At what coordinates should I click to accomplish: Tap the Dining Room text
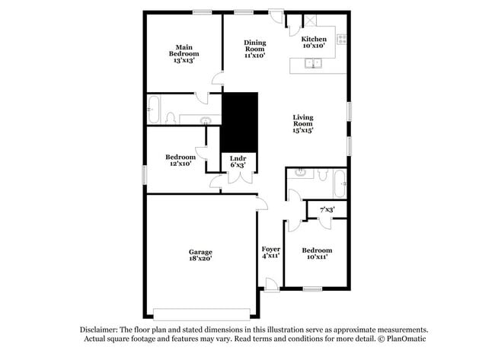point(254,49)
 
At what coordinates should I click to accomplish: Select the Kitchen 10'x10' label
point(314,43)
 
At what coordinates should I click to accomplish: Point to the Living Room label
point(303,123)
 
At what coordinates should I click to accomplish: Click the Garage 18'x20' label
point(200,255)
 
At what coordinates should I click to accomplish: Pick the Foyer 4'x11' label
point(270,253)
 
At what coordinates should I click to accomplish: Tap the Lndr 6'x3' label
point(238,162)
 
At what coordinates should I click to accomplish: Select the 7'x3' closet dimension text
point(327,209)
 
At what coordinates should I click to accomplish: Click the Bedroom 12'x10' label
point(180,160)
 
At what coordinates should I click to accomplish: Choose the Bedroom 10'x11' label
point(316,253)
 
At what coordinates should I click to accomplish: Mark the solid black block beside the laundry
point(239,122)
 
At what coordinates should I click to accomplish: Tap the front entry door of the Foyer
point(271,285)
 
